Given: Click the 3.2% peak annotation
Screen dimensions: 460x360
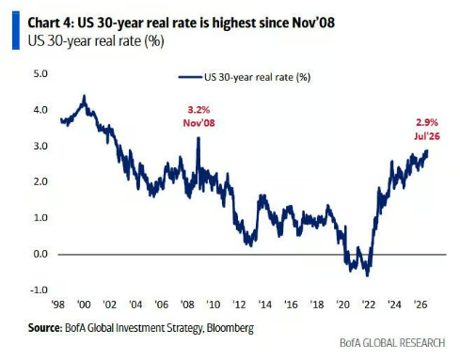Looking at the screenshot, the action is (198, 110).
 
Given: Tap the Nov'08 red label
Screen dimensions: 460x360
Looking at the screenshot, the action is (199, 123).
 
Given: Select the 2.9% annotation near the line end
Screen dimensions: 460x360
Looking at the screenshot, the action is (427, 122).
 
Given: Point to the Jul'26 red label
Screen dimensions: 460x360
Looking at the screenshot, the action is (427, 136).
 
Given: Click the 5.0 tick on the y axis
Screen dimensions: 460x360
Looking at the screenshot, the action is (40, 73).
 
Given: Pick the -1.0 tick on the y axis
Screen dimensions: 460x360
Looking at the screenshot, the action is (39, 290).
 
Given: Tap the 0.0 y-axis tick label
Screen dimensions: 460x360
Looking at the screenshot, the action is (40, 254).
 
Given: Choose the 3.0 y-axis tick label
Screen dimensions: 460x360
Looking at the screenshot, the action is (40, 146).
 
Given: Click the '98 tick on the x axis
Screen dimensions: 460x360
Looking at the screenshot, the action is (57, 305).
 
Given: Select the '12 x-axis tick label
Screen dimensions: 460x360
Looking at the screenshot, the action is (239, 305).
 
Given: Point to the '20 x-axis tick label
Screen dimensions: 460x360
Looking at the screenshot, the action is (342, 305).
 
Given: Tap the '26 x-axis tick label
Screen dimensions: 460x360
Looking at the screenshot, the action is (420, 305).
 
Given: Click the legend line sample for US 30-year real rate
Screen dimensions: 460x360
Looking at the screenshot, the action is (190, 77).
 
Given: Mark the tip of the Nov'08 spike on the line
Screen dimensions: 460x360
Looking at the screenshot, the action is (198, 137).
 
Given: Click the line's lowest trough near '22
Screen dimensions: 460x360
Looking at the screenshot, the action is (368, 275).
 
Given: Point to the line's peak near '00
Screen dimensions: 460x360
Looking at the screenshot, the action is (84, 96).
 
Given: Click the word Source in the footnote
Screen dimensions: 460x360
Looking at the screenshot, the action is (44, 328).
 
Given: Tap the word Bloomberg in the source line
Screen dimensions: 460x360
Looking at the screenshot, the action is (230, 328).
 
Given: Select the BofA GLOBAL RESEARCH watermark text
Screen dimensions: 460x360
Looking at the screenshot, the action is (392, 343).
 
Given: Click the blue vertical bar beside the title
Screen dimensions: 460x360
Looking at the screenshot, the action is (16, 30).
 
